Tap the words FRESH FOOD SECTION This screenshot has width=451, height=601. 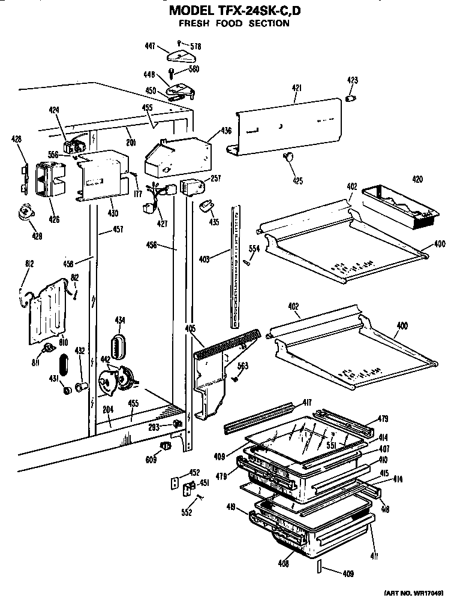234,24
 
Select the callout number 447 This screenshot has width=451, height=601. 151,44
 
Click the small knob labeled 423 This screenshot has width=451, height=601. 352,97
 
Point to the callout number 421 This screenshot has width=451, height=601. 296,88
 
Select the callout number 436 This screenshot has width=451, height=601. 225,131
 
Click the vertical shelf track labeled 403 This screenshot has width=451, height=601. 235,264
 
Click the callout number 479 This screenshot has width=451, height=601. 384,419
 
